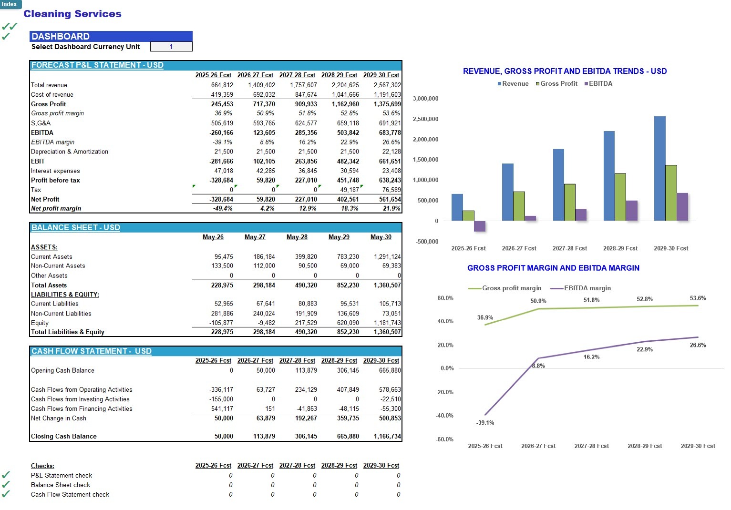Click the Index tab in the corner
click(x=10, y=4)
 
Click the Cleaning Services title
click(x=72, y=14)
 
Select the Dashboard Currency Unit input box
click(x=171, y=47)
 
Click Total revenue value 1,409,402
click(x=261, y=85)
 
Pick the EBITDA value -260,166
click(x=221, y=133)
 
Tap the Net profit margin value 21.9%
click(x=391, y=208)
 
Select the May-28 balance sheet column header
click(x=297, y=237)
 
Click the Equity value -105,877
click(x=221, y=323)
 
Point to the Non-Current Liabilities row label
click(x=61, y=314)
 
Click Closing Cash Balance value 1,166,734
click(x=387, y=437)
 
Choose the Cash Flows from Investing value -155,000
click(x=221, y=399)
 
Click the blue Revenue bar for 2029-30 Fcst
click(x=660, y=169)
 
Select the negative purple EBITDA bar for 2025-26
click(x=480, y=226)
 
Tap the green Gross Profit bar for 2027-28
click(x=570, y=203)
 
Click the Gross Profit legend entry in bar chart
click(x=557, y=84)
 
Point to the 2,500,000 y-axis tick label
click(x=425, y=119)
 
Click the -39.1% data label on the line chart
click(x=485, y=423)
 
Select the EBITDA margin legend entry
click(x=581, y=288)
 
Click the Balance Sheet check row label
click(x=61, y=485)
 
